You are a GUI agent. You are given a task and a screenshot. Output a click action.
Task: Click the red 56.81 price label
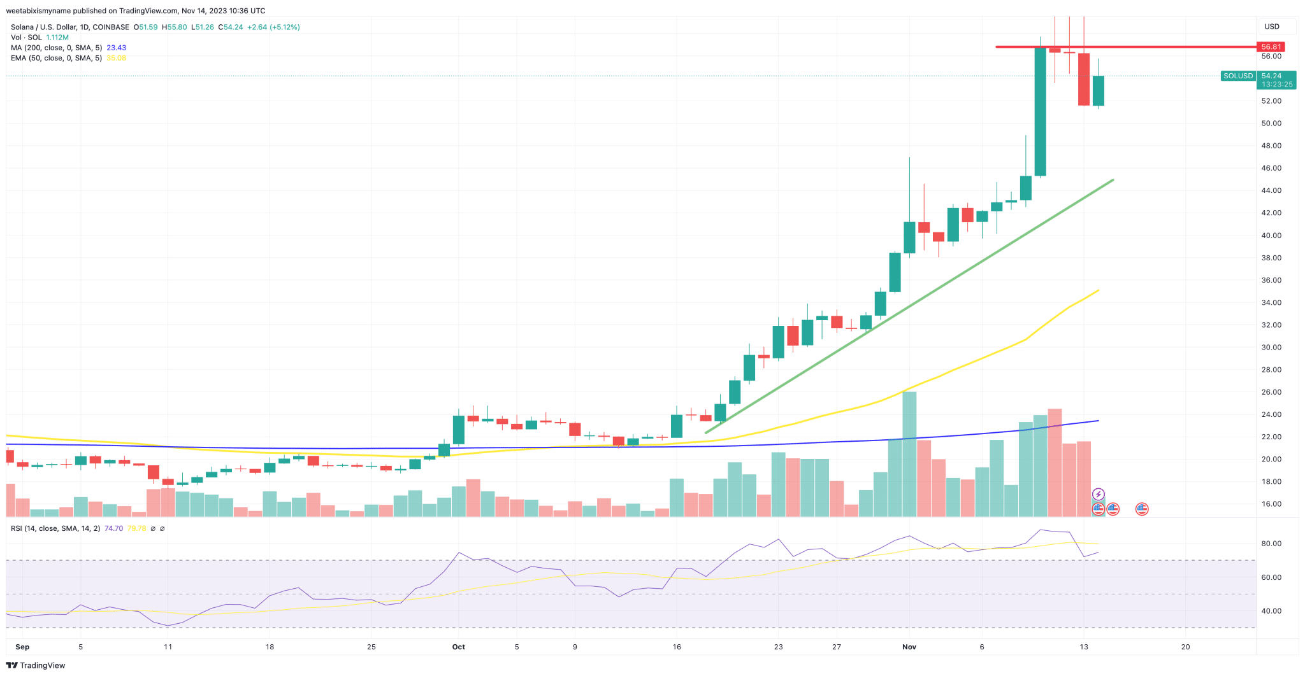[1271, 46]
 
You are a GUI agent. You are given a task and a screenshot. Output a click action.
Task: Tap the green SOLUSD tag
[1237, 76]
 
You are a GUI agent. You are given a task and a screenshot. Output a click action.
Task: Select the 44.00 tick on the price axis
[1271, 190]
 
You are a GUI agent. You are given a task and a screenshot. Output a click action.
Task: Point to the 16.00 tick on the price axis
[1271, 504]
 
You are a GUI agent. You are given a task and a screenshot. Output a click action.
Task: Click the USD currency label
[1271, 27]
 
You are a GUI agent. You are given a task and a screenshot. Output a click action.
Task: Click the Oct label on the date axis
[458, 647]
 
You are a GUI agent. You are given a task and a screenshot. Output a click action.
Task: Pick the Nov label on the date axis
[909, 647]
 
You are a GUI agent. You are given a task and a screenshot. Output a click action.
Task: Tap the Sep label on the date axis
[22, 647]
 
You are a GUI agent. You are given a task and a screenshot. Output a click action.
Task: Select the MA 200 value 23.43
[116, 48]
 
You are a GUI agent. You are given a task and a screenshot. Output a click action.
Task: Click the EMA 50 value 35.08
[116, 58]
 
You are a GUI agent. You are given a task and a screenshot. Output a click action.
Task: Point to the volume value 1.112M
[57, 38]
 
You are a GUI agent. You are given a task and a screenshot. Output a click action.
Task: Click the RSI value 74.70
[113, 528]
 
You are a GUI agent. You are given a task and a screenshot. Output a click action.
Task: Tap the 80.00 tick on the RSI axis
[1271, 544]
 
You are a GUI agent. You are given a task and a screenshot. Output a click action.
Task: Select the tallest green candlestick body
[1040, 111]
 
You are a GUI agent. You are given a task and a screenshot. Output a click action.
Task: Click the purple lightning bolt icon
[1098, 494]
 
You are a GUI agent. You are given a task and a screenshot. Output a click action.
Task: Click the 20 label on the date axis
[1185, 647]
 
